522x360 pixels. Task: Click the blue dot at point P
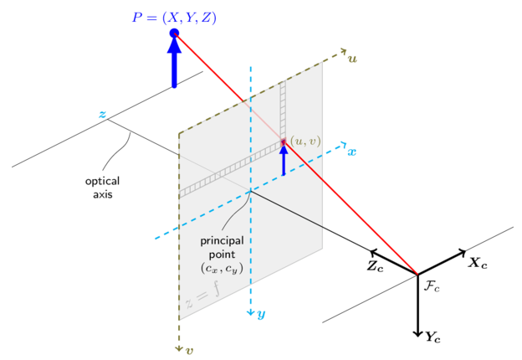pos(174,33)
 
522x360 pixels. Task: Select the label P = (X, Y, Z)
pos(174,15)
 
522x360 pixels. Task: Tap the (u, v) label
pos(305,141)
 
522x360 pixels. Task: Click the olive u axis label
pos(353,59)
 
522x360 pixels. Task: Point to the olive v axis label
pos(189,350)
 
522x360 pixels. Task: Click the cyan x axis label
pos(352,152)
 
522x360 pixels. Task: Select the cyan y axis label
pos(261,314)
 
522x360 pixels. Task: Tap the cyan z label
pos(102,114)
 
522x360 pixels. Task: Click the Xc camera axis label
pos(478,262)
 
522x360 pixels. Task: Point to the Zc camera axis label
pos(376,267)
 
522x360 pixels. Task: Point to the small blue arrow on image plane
pos(284,159)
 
